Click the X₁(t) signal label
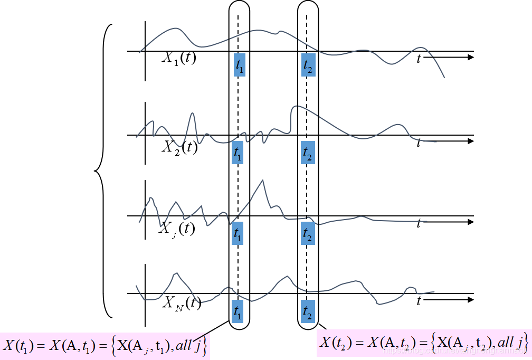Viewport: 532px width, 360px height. pyautogui.click(x=178, y=58)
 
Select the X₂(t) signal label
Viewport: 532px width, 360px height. pyautogui.click(x=179, y=147)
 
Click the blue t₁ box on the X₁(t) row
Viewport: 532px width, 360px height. pyautogui.click(x=240, y=65)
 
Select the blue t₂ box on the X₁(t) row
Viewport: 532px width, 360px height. pyautogui.click(x=308, y=64)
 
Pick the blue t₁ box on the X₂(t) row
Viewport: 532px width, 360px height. pyautogui.click(x=237, y=153)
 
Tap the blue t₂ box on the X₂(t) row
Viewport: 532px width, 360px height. pyautogui.click(x=308, y=153)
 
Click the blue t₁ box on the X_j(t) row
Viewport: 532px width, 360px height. pyautogui.click(x=237, y=233)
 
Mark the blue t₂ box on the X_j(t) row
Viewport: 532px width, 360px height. pyautogui.click(x=308, y=233)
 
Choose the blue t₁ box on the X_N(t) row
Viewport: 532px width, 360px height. pyautogui.click(x=237, y=310)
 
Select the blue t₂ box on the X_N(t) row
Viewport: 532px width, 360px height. pyautogui.click(x=308, y=310)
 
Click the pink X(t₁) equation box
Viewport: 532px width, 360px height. pyautogui.click(x=105, y=346)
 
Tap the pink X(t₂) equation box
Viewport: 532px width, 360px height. pyautogui.click(x=424, y=344)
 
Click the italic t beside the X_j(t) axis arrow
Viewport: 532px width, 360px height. pyautogui.click(x=419, y=224)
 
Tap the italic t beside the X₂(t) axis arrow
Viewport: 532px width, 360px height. pyautogui.click(x=419, y=143)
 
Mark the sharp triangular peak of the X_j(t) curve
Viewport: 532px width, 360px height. pyautogui.click(x=262, y=181)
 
